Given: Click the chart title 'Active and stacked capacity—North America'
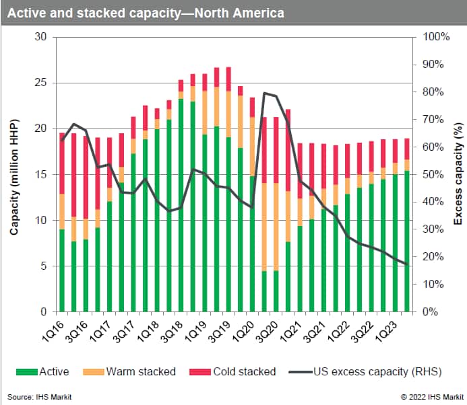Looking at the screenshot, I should coord(146,13).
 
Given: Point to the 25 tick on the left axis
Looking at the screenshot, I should coord(42,83).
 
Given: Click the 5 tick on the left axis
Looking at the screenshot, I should coord(45,266).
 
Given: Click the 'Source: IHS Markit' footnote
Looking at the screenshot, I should coord(40,397).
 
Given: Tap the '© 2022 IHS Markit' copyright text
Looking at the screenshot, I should coord(429,397).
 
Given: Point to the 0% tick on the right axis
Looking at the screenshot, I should coord(431,312).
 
